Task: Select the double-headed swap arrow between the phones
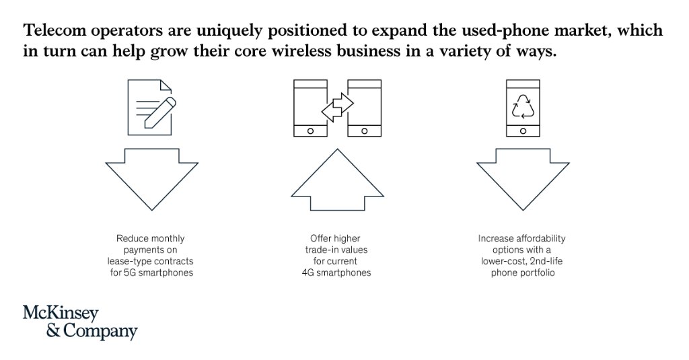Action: tap(337, 107)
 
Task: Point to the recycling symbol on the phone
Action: tap(523, 106)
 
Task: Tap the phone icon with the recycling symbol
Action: tap(523, 109)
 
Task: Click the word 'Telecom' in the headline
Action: tap(56, 31)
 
